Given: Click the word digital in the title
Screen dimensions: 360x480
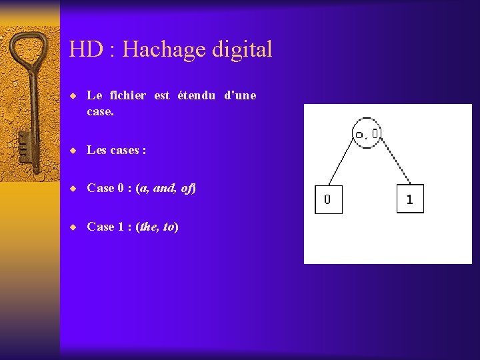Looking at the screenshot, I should point(243,50).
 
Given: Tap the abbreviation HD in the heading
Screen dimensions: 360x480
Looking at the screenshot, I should point(84,49).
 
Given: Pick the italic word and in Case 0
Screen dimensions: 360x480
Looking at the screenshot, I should point(164,188).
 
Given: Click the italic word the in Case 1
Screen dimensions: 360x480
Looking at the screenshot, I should point(148,227).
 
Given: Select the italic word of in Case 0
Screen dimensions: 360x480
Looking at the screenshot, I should point(187,188).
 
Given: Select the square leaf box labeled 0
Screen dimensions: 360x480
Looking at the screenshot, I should point(328,199).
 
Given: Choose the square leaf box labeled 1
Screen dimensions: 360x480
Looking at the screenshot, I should point(409,199).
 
